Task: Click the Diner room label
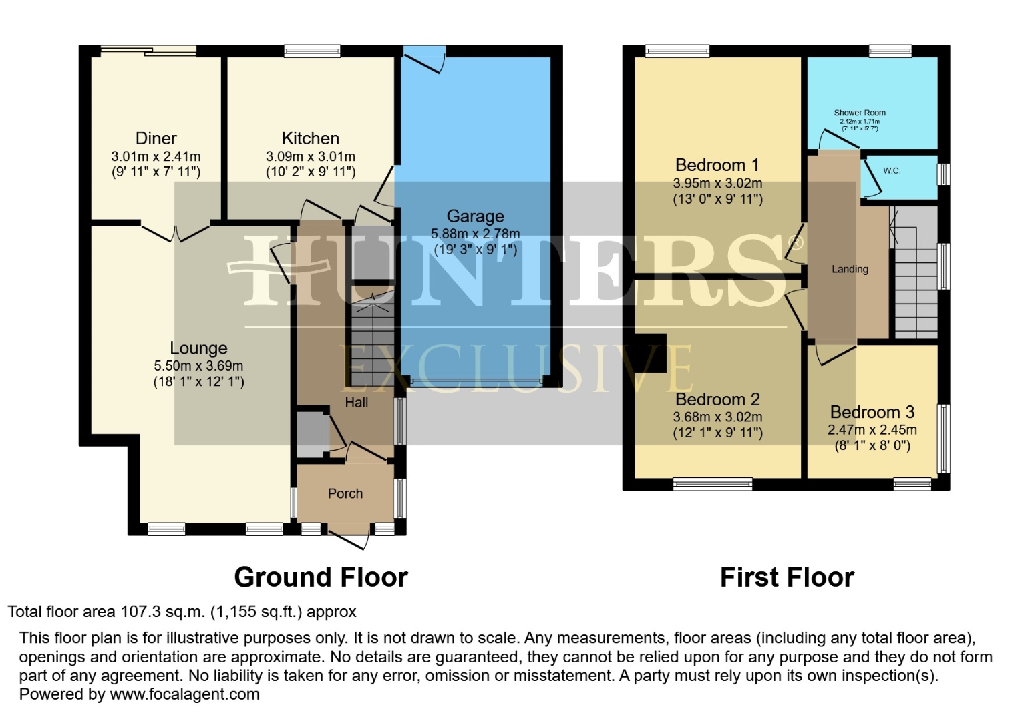pyautogui.click(x=156, y=138)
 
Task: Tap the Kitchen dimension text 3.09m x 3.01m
pyautogui.click(x=310, y=156)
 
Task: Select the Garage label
pyautogui.click(x=475, y=216)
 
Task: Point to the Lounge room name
pyautogui.click(x=198, y=348)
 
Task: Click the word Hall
pyautogui.click(x=356, y=403)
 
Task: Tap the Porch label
pyautogui.click(x=345, y=493)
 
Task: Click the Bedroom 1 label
pyautogui.click(x=717, y=165)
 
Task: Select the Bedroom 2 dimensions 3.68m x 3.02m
pyautogui.click(x=717, y=417)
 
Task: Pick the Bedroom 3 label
pyautogui.click(x=872, y=412)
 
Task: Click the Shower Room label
pyautogui.click(x=859, y=113)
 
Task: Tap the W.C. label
pyautogui.click(x=892, y=171)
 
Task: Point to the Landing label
pyautogui.click(x=850, y=269)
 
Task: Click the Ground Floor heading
pyautogui.click(x=321, y=577)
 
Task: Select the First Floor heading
pyautogui.click(x=787, y=577)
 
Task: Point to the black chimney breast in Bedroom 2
pyautogui.click(x=649, y=352)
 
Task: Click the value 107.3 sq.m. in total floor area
pyautogui.click(x=163, y=612)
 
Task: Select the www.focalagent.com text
pyautogui.click(x=184, y=694)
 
